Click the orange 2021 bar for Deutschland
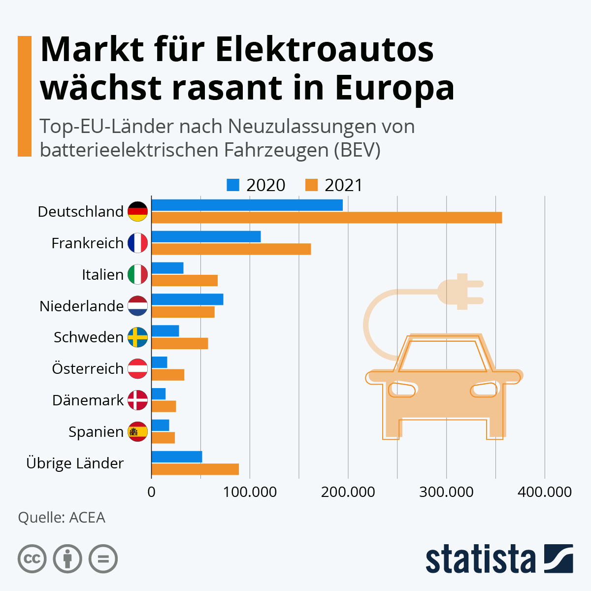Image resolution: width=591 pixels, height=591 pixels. [327, 218]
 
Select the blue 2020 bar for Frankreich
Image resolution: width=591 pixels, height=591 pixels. [206, 236]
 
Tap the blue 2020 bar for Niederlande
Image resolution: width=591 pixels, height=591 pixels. [187, 299]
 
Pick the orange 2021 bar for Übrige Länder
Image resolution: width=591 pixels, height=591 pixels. [195, 469]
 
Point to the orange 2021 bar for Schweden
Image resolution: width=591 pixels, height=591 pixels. [180, 343]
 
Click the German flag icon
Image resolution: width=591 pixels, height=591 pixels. [137, 212]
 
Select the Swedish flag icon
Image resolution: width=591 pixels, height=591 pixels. [137, 337]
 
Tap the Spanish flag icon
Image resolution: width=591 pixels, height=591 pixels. [137, 431]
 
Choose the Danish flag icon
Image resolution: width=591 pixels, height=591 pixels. [137, 400]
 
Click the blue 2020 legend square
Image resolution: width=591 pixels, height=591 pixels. [233, 185]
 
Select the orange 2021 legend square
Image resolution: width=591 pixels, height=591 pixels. [311, 185]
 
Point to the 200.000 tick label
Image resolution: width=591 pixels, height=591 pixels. [348, 492]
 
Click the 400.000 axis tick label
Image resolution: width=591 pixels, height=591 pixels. [545, 492]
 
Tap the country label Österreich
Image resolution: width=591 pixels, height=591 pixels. [88, 368]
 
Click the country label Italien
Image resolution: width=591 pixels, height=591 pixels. [102, 274]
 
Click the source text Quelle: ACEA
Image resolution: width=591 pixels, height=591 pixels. [62, 518]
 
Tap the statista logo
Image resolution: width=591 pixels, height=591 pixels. [499, 558]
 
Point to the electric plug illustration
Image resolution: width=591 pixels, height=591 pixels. [460, 291]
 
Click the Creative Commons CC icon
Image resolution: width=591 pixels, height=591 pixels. [32, 559]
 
